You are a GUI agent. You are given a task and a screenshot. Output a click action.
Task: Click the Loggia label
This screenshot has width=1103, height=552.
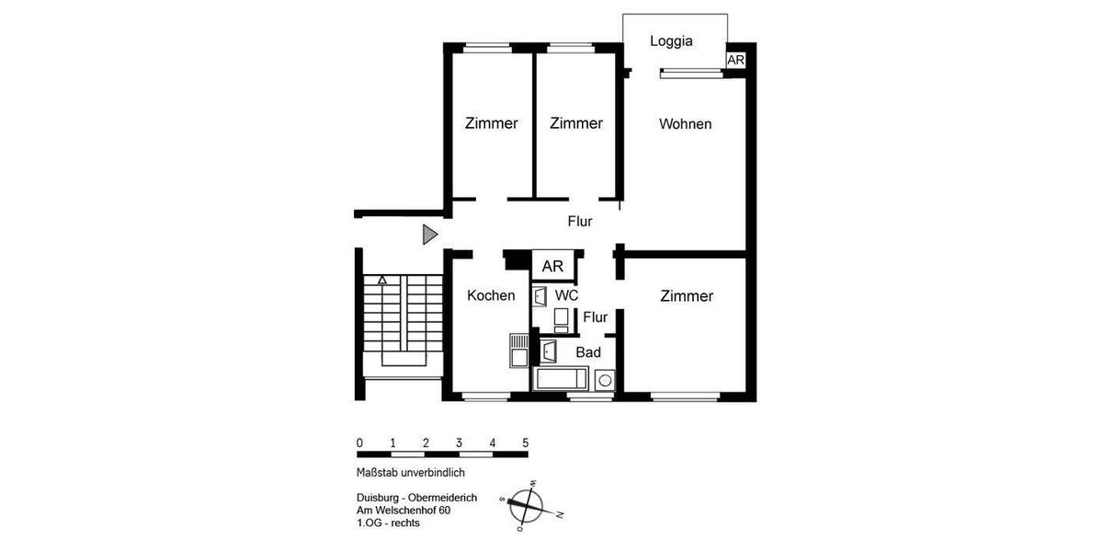click(670, 40)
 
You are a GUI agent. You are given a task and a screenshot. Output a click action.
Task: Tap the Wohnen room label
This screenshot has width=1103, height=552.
click(685, 123)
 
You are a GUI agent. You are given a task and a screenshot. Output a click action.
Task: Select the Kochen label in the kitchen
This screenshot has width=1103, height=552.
click(491, 295)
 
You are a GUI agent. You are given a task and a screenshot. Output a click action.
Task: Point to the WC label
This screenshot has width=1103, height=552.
click(566, 295)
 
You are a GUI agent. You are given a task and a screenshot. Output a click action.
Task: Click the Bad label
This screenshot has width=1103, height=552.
click(588, 351)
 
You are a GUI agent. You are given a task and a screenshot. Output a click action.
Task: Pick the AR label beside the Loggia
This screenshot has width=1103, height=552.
click(735, 60)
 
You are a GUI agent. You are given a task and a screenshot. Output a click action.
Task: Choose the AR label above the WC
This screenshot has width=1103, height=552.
click(552, 267)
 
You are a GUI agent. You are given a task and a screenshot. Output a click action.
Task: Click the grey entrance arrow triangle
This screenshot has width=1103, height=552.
click(429, 235)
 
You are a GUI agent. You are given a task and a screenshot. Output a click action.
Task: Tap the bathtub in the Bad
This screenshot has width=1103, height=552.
click(561, 379)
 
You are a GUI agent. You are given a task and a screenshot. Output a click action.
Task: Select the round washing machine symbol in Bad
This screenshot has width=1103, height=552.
click(605, 379)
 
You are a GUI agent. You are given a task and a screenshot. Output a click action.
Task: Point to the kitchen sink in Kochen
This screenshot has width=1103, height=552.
click(518, 351)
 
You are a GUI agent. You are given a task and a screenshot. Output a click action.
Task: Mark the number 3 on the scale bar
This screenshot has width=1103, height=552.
click(458, 443)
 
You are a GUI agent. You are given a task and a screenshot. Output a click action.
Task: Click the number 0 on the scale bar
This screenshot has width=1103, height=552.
click(359, 443)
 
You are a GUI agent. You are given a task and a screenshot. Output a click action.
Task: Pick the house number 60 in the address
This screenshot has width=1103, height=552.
click(444, 511)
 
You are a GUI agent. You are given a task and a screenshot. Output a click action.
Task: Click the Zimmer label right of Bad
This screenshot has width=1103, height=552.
click(687, 296)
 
